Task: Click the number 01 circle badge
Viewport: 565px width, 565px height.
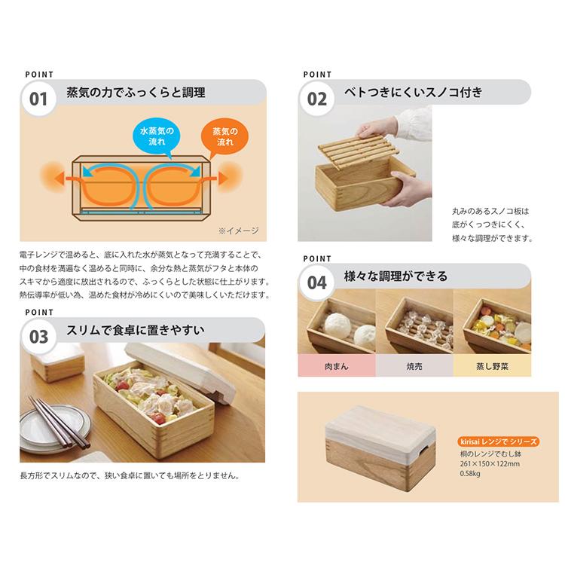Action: pos(38,99)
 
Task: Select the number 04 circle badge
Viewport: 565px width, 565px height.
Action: pos(317,282)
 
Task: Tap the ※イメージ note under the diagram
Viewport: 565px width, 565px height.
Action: pos(238,231)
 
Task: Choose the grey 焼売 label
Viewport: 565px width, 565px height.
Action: pos(414,366)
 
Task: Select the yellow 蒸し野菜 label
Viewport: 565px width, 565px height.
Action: pos(491,366)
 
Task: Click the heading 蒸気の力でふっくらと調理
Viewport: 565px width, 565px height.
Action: pos(136,93)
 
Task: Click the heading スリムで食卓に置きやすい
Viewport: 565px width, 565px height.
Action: pos(135,331)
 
